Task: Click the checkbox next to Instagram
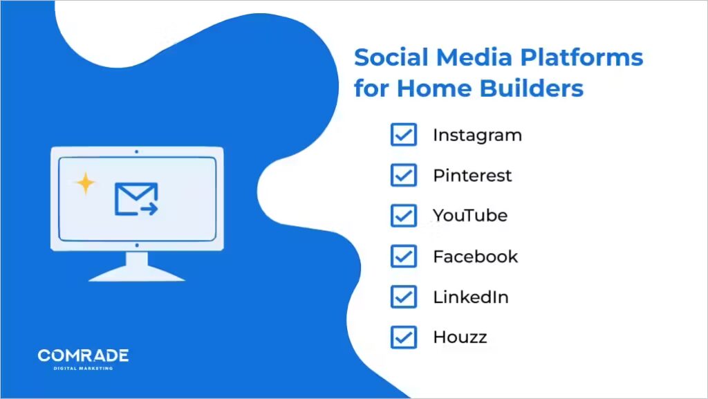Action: pyautogui.click(x=403, y=135)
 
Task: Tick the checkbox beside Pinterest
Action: pyautogui.click(x=403, y=176)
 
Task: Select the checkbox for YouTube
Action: pyautogui.click(x=403, y=216)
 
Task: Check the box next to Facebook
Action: pyautogui.click(x=403, y=257)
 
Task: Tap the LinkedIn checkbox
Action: pyautogui.click(x=403, y=297)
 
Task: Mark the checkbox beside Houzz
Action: pyautogui.click(x=403, y=337)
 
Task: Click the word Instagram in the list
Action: pyautogui.click(x=477, y=136)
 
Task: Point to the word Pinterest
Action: pyautogui.click(x=472, y=176)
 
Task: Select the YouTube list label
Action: pyautogui.click(x=470, y=216)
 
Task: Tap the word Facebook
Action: pyautogui.click(x=475, y=257)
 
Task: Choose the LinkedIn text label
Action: pyautogui.click(x=471, y=297)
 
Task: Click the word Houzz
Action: pyautogui.click(x=460, y=337)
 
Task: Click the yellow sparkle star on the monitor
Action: pyautogui.click(x=85, y=183)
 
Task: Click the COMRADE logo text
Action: pyautogui.click(x=83, y=355)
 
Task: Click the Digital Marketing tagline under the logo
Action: pyautogui.click(x=83, y=369)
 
